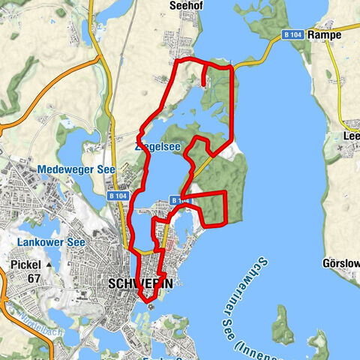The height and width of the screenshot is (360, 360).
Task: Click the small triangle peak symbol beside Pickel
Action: coord(49,265)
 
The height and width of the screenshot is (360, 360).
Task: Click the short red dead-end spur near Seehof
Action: coord(205,76)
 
